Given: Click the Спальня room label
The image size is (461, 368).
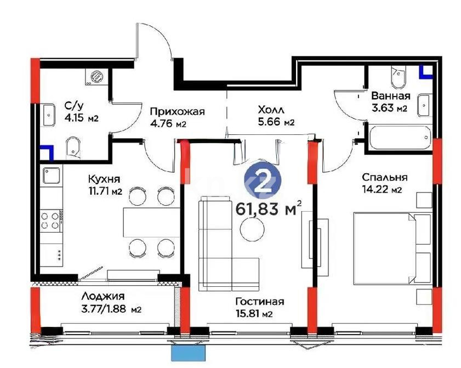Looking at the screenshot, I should pyautogui.click(x=384, y=177).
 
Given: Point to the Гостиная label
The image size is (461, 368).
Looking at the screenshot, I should pyautogui.click(x=259, y=302).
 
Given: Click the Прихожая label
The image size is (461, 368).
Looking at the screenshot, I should pyautogui.click(x=177, y=112).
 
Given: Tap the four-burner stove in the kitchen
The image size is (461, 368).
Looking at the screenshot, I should pyautogui.click(x=50, y=220).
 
